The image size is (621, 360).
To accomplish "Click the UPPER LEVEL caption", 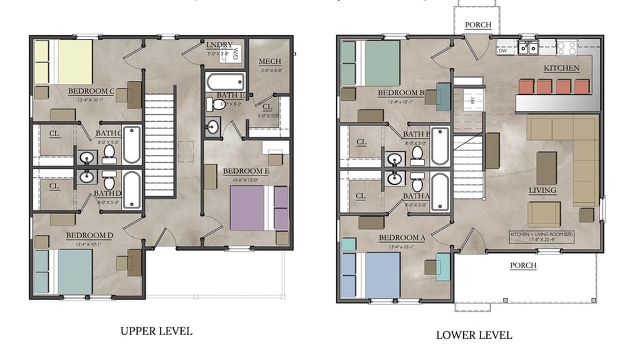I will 156,331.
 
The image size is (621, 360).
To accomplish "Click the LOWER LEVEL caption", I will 474,335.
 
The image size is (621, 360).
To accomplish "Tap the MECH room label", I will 270,62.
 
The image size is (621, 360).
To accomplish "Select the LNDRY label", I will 219,44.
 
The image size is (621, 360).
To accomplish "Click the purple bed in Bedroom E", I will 248,208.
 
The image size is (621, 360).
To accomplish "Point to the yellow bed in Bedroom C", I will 74,62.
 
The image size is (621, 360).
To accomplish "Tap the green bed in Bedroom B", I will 380,63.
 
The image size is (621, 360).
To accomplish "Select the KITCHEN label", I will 561,68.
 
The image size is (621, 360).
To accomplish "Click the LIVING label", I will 542,190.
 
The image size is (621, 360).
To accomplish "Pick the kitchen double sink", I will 528,48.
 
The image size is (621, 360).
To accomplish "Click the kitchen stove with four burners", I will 567,48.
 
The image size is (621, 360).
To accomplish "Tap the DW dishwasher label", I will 502,51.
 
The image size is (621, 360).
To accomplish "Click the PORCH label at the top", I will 478,25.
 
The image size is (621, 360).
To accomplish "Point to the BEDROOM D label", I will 90,236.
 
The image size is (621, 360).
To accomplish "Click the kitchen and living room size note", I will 541,236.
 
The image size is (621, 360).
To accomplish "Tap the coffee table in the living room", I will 546,168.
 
